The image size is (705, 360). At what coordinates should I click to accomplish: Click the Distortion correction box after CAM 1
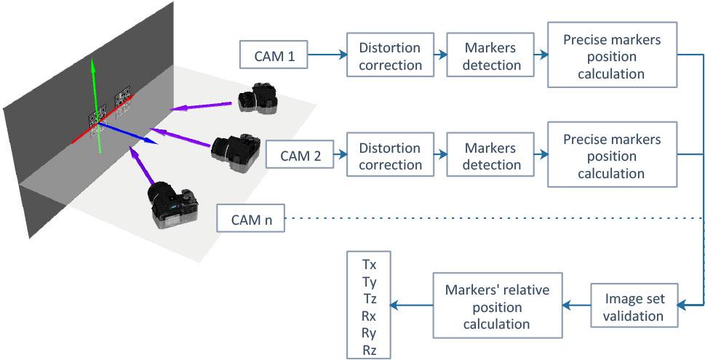click(x=389, y=56)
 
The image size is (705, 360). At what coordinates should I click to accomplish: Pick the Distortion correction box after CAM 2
click(x=389, y=156)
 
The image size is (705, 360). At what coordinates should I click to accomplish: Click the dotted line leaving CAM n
click(x=495, y=218)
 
